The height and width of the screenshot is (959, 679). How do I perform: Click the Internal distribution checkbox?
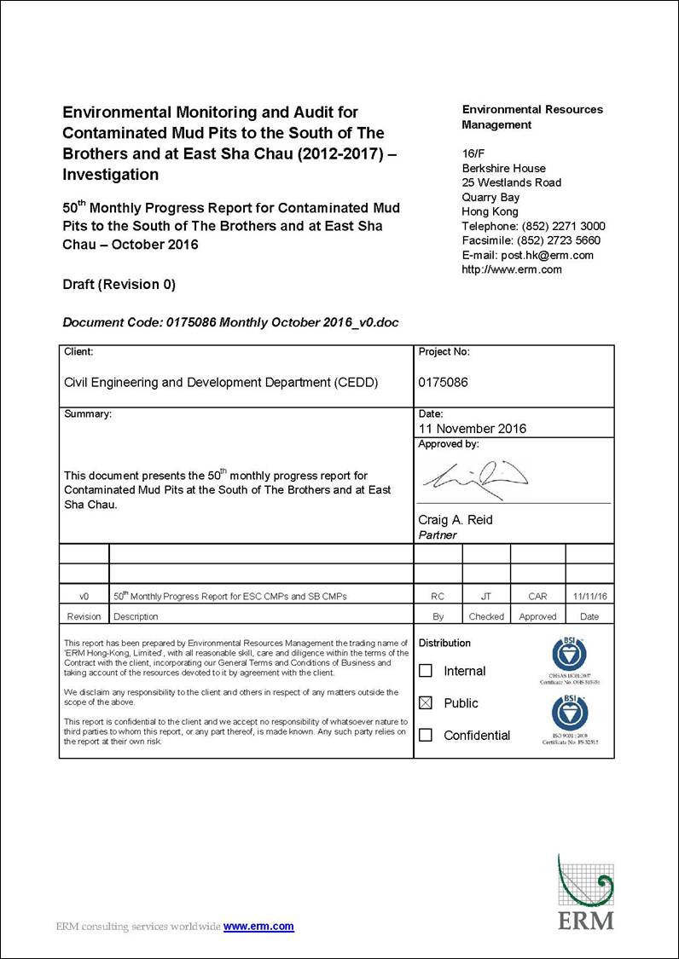click(x=426, y=671)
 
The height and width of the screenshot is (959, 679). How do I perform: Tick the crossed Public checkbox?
click(x=426, y=703)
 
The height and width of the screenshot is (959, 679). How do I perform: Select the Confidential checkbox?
click(x=426, y=735)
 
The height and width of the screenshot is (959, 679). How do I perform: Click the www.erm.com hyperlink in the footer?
click(x=258, y=927)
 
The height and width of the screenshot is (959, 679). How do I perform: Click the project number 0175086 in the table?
click(x=443, y=383)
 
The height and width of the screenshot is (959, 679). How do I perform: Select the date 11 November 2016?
click(x=472, y=429)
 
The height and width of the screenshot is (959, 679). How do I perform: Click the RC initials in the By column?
click(x=438, y=597)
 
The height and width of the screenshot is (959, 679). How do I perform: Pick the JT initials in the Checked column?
click(x=486, y=597)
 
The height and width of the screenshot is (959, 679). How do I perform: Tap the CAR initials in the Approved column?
click(x=537, y=597)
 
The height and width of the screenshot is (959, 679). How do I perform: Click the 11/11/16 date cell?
click(x=589, y=597)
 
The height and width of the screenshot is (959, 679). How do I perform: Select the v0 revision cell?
click(x=84, y=597)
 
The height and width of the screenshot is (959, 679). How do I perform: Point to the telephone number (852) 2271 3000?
click(x=563, y=226)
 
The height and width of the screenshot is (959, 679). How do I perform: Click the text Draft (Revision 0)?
click(x=119, y=284)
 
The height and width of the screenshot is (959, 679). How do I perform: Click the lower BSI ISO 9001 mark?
click(x=570, y=716)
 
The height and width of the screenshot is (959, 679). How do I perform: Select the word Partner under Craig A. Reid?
click(x=438, y=535)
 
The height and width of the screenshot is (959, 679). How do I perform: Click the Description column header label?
click(x=136, y=616)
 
